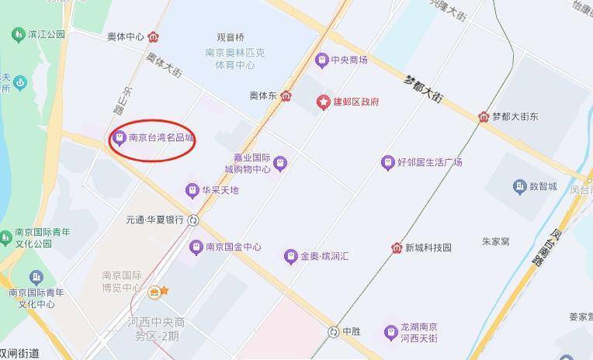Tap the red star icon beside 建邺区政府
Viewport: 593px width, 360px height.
(x=323, y=102)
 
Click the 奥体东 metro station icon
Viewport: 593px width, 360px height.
(x=287, y=96)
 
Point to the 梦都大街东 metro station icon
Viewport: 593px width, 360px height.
(x=484, y=116)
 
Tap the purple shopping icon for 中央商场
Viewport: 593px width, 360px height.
(x=321, y=60)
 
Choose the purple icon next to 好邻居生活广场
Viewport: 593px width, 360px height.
(x=388, y=162)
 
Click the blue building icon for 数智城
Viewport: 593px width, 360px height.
(x=520, y=186)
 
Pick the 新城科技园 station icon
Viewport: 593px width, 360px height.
(x=396, y=247)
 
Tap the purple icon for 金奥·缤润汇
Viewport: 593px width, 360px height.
(x=290, y=256)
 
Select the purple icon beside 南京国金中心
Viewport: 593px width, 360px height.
(x=196, y=247)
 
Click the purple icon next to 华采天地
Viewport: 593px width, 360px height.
(x=192, y=190)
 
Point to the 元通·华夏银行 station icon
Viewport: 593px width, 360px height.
(x=193, y=220)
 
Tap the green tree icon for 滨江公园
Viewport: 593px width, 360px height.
(x=17, y=35)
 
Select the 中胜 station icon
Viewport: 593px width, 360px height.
(x=334, y=331)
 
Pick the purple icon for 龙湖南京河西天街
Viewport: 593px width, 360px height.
(x=390, y=333)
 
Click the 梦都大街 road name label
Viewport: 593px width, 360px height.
(x=424, y=88)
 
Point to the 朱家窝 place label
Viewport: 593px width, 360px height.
(x=495, y=242)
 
